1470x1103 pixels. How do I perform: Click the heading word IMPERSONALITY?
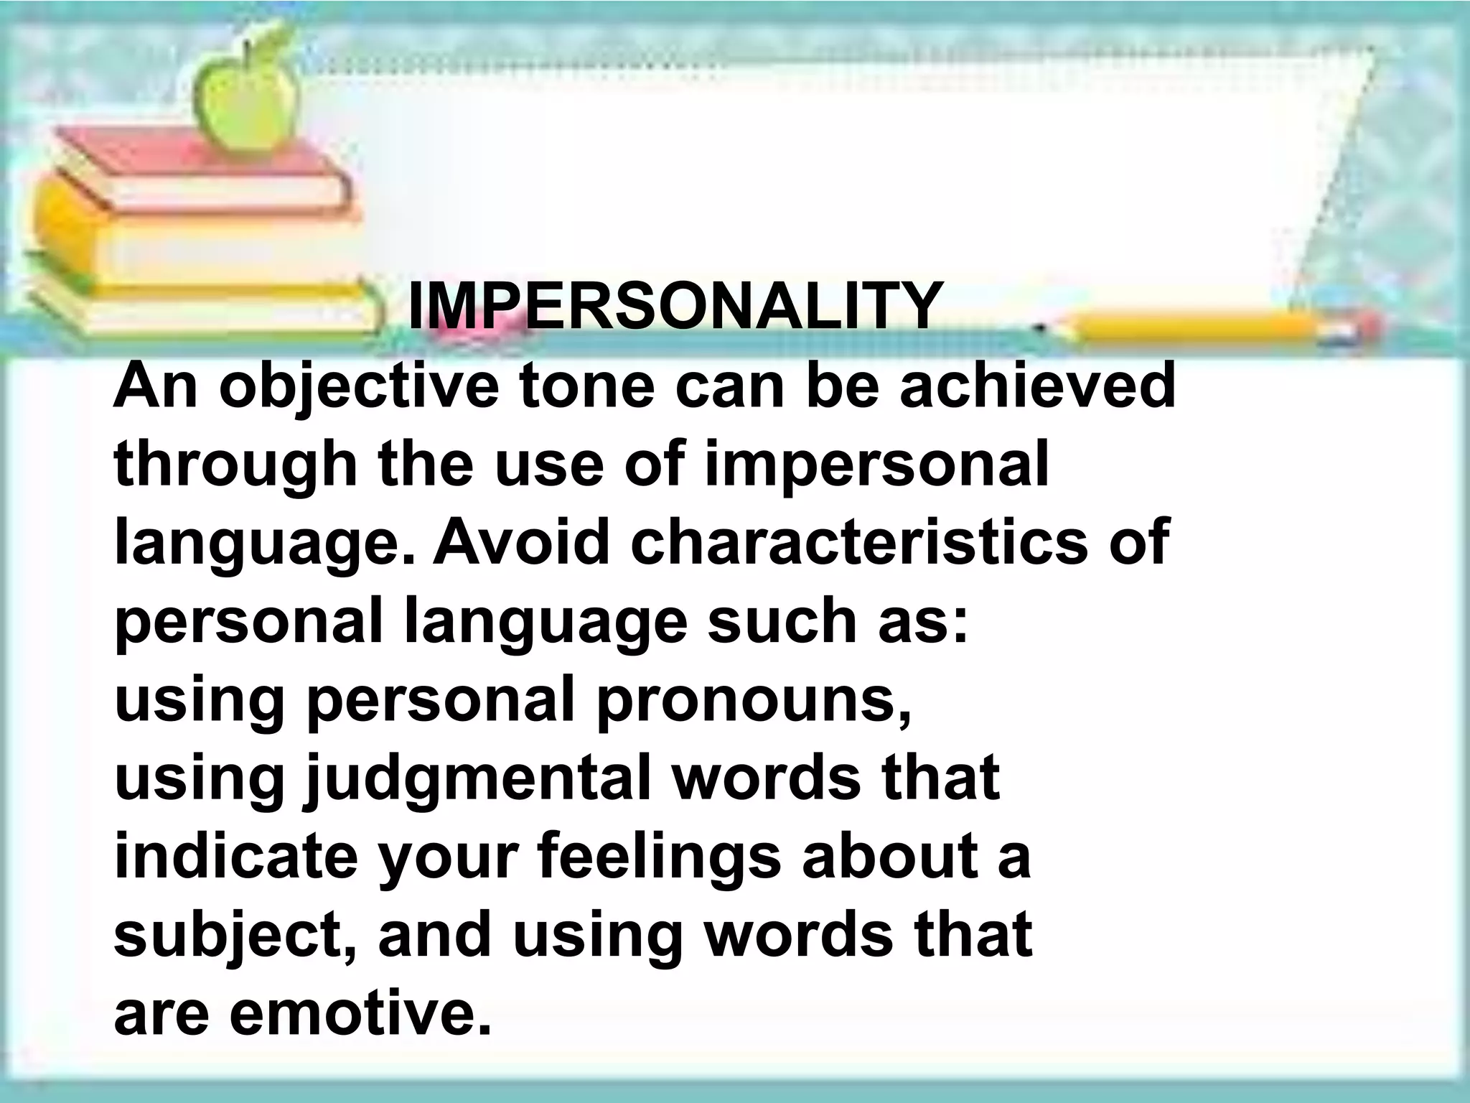tap(673, 307)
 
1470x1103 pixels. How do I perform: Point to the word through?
tap(235, 467)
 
